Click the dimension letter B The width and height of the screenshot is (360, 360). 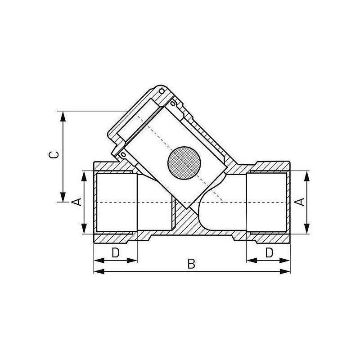[x=191, y=264]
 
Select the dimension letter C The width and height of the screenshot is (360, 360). [x=54, y=155]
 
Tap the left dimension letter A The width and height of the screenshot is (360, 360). [x=76, y=201]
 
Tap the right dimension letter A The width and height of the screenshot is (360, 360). [x=300, y=202]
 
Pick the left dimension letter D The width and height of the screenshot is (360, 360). [x=116, y=253]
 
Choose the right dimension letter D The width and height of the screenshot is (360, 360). [x=269, y=253]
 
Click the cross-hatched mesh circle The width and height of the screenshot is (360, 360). [x=184, y=162]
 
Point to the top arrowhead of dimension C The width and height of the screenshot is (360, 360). [x=63, y=116]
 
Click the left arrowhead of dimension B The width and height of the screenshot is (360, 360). [x=99, y=272]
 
